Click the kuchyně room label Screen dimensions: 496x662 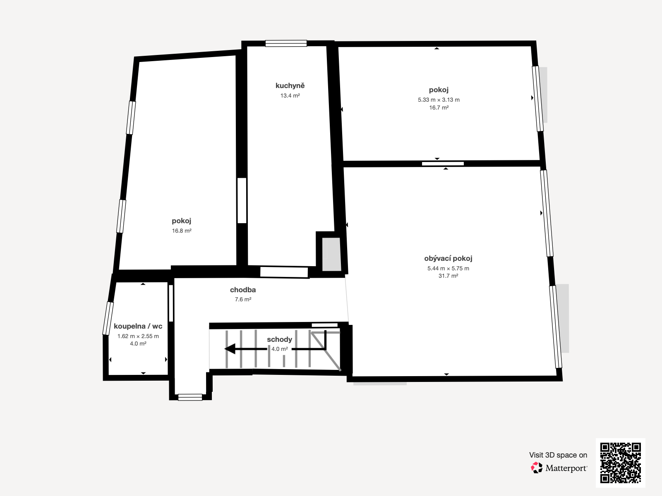coord(290,86)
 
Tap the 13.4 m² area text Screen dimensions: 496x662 coord(290,95)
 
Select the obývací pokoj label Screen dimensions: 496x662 coord(448,258)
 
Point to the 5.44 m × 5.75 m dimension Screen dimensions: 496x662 coord(448,268)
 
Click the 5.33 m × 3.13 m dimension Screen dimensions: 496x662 coord(439,100)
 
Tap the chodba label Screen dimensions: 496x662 coord(243,290)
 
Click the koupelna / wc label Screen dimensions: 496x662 coord(138,326)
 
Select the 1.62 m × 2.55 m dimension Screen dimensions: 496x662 coord(138,336)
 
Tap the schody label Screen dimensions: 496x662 coord(279,339)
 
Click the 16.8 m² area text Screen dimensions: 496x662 coord(182,231)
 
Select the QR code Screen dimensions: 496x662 coord(620,463)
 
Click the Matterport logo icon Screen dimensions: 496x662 coord(537,468)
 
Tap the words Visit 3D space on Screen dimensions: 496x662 coord(558,455)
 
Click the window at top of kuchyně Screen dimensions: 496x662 coord(286,43)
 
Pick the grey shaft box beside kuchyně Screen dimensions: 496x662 coord(331,254)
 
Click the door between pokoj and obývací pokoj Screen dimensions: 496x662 coord(443,164)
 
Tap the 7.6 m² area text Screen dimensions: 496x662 coord(243,299)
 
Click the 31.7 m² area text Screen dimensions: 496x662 coord(448,276)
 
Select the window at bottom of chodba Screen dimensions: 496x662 coord(190,397)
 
